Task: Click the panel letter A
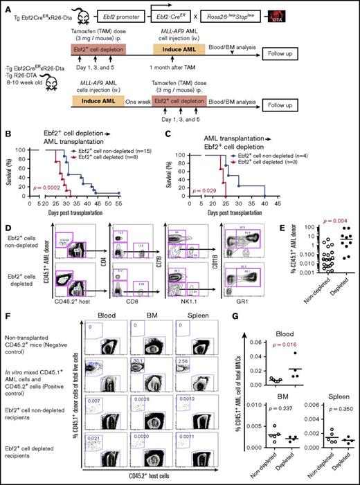(x=5, y=6)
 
